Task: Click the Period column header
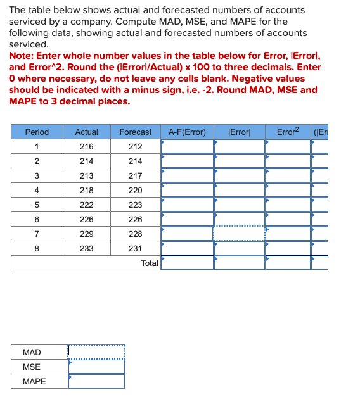tap(37, 132)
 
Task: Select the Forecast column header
tap(136, 132)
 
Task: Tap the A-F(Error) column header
tap(187, 132)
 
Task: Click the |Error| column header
tap(239, 132)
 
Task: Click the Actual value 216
tap(86, 147)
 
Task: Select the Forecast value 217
tap(136, 176)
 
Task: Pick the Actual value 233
tap(86, 249)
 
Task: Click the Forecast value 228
tap(136, 234)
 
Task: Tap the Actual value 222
tap(86, 205)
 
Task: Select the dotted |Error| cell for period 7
tap(239, 234)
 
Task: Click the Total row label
tap(150, 263)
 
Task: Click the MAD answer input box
tap(96, 352)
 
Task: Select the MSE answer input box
tap(96, 367)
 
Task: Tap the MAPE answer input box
tap(96, 381)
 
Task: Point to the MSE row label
tap(32, 367)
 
